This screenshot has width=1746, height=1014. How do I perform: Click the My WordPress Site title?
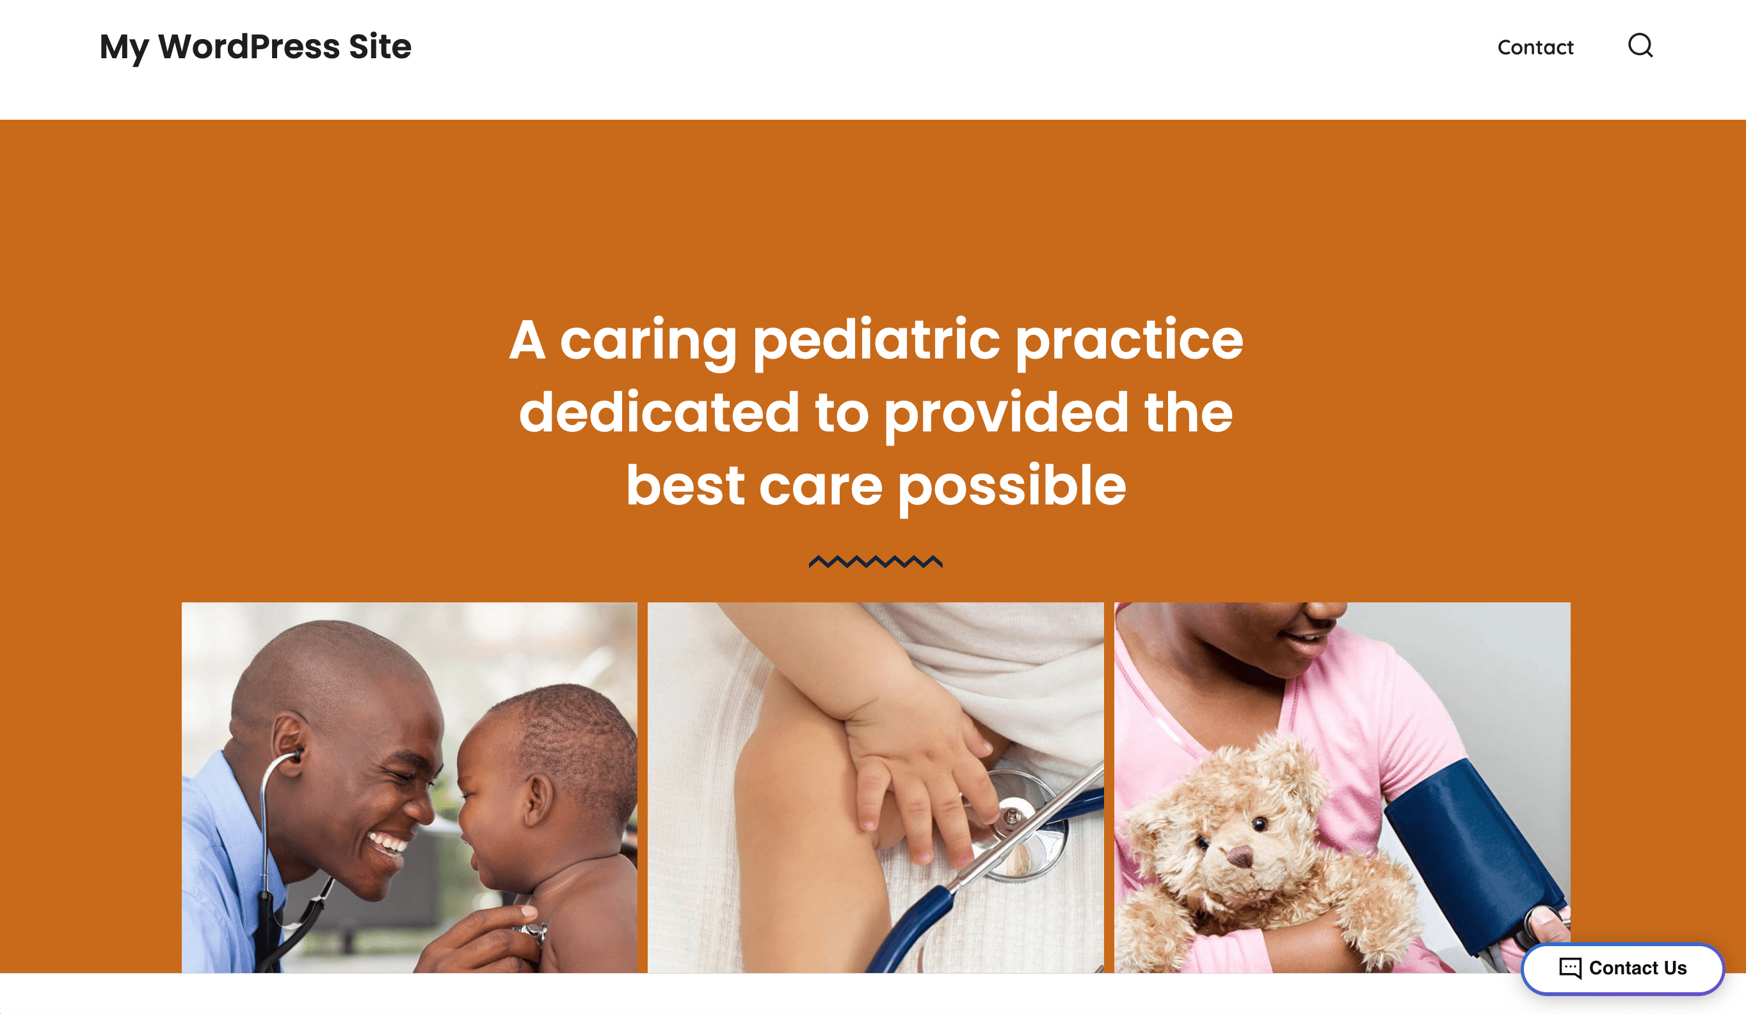pos(255,47)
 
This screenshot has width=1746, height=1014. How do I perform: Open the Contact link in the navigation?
pos(1535,47)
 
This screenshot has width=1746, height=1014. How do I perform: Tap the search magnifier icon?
pos(1640,45)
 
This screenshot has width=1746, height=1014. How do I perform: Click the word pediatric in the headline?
pos(876,341)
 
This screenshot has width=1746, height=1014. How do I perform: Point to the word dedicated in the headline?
pos(659,412)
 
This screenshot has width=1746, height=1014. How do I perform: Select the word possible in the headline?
pos(1013,487)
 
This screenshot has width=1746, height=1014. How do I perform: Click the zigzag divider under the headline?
pos(875,561)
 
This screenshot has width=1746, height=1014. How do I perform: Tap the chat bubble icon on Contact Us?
pos(1570,967)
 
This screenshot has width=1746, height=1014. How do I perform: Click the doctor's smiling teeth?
pos(388,844)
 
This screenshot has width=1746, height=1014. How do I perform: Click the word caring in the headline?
pos(648,341)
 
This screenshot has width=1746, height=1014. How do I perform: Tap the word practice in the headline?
pos(1130,341)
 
